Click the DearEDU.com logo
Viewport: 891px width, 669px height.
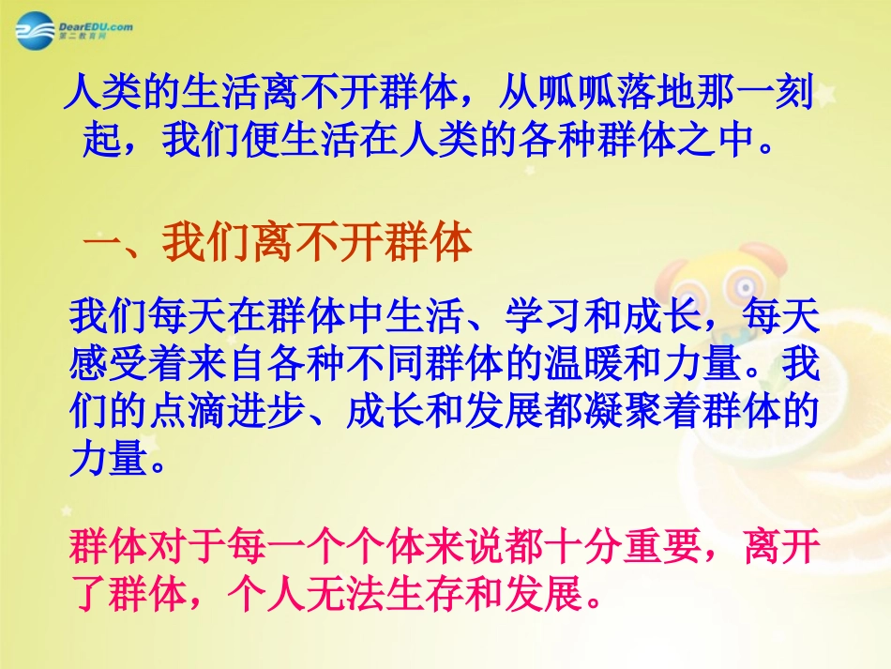point(73,31)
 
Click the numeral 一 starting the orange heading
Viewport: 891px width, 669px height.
point(102,244)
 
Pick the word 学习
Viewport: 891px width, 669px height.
point(543,319)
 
